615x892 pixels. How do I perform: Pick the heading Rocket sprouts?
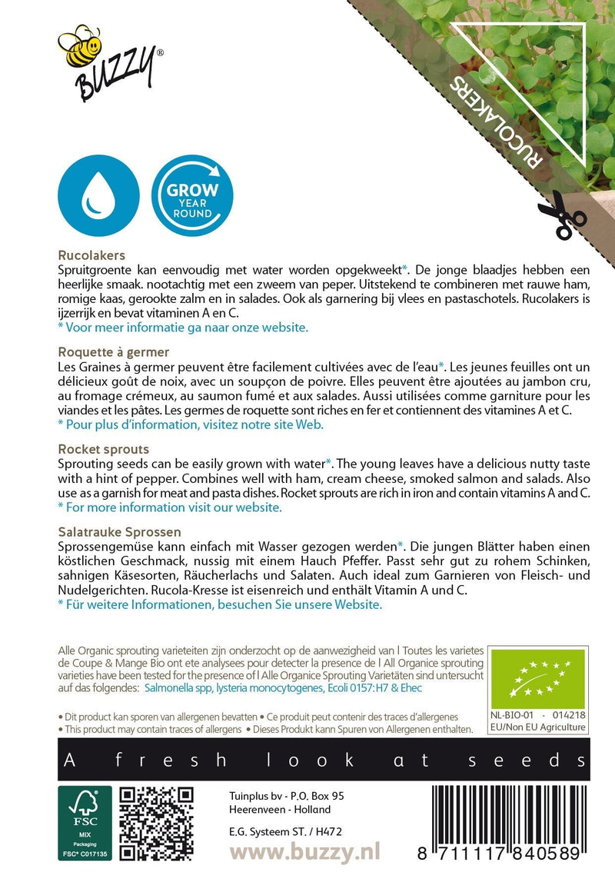pos(103,448)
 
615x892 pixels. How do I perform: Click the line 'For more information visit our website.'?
pos(170,508)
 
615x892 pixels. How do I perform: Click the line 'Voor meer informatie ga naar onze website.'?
pos(183,328)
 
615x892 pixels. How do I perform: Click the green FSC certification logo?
pos(84,823)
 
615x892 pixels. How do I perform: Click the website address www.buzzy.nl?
pos(305,853)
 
